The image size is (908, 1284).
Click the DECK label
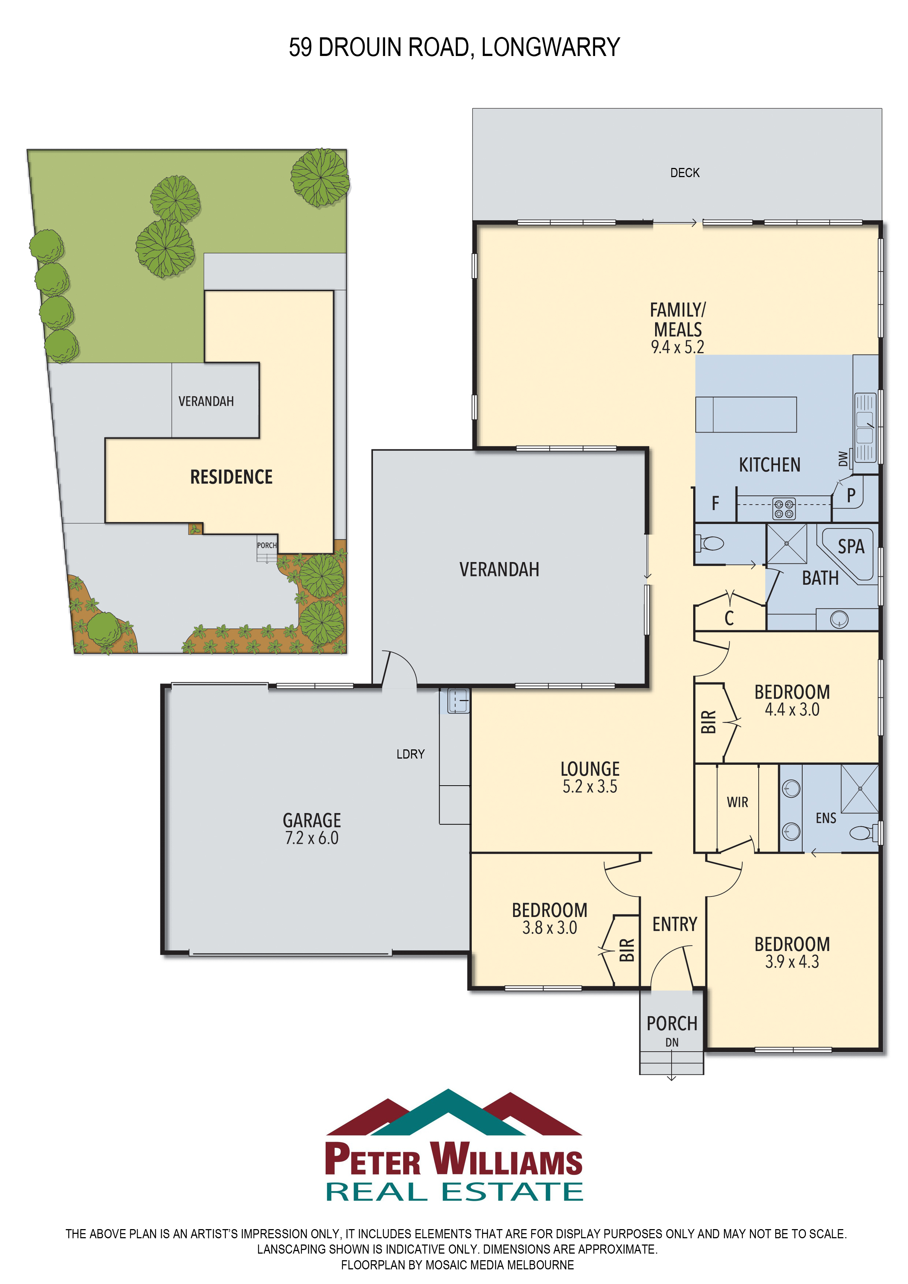(685, 173)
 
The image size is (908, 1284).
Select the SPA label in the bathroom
(851, 546)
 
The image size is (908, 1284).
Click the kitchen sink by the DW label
(865, 428)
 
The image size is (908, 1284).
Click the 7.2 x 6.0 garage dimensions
(311, 838)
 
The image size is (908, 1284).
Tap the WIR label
(737, 802)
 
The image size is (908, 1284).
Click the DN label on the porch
(672, 1042)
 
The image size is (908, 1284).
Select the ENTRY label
(675, 924)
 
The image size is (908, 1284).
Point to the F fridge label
(715, 503)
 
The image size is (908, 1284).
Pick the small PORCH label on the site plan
(267, 545)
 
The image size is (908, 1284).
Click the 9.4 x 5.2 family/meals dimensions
(677, 347)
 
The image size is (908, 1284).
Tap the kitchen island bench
(746, 414)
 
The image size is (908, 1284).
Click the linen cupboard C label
(729, 618)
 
